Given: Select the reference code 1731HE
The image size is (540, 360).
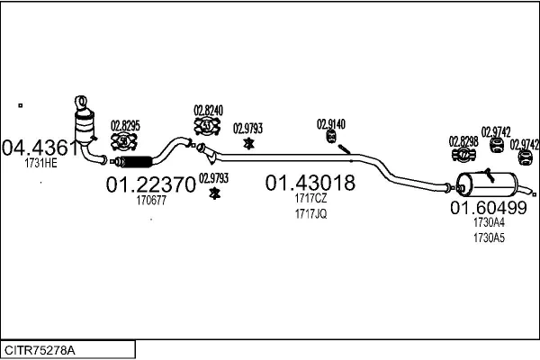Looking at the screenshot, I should click(41, 163).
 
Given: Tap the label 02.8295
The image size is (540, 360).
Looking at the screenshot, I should click(125, 125).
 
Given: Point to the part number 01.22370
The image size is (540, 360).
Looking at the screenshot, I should click(151, 186).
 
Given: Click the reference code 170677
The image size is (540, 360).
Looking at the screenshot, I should click(151, 202).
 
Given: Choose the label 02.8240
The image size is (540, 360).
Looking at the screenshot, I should click(208, 111).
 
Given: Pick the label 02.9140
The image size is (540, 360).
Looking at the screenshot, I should click(330, 123).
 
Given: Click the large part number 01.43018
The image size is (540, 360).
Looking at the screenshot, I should click(310, 184).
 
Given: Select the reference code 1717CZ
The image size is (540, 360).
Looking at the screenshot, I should click(310, 199).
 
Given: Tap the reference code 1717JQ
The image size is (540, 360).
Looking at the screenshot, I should click(310, 213).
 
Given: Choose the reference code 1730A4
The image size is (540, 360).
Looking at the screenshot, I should click(489, 223).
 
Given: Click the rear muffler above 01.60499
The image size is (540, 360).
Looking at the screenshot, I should click(490, 184).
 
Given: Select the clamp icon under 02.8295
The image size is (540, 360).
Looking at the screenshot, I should click(123, 141).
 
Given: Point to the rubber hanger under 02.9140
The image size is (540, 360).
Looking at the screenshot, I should click(330, 137).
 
